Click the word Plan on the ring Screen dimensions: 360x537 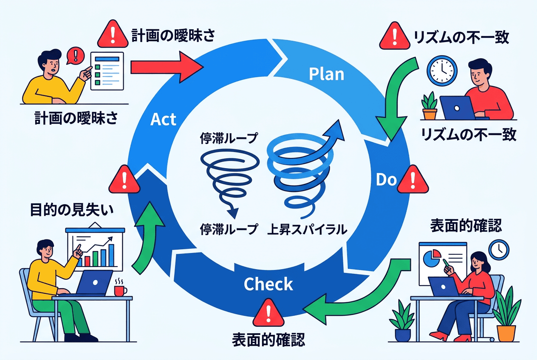[x=326, y=74]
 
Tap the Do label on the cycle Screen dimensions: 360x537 [x=386, y=180]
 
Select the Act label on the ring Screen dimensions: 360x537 [x=163, y=119]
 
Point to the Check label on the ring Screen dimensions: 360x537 [x=268, y=284]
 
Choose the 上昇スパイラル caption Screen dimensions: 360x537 [x=307, y=230]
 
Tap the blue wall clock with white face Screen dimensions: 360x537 [x=442, y=70]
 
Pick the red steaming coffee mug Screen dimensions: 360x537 [x=120, y=290]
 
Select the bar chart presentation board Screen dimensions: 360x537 [x=94, y=248]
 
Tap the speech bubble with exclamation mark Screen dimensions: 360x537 [x=76, y=55]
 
